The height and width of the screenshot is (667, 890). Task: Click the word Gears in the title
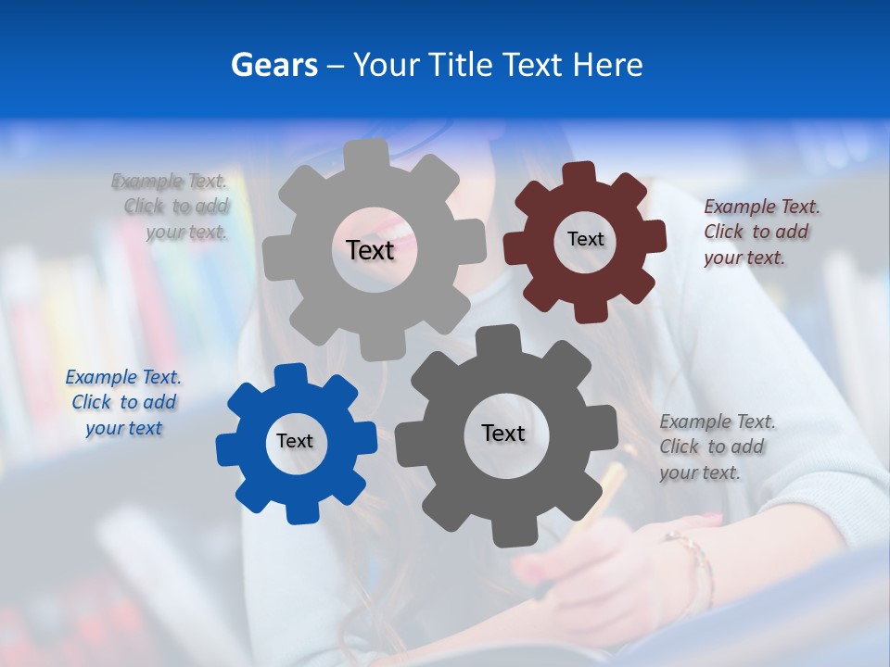[x=273, y=65]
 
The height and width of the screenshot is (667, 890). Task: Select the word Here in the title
[x=607, y=65]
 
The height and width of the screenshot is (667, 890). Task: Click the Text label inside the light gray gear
[x=370, y=250]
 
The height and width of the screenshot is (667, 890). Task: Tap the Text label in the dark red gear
[x=585, y=239]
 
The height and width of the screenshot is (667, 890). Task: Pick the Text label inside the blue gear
[x=295, y=441]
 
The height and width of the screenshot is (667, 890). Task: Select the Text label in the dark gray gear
[x=503, y=433]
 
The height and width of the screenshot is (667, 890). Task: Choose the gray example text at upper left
[x=171, y=207]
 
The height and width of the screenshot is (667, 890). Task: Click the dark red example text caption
[x=761, y=233]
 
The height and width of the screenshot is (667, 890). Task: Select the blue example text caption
[x=123, y=402]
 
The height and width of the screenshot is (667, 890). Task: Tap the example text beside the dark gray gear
[x=717, y=447]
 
